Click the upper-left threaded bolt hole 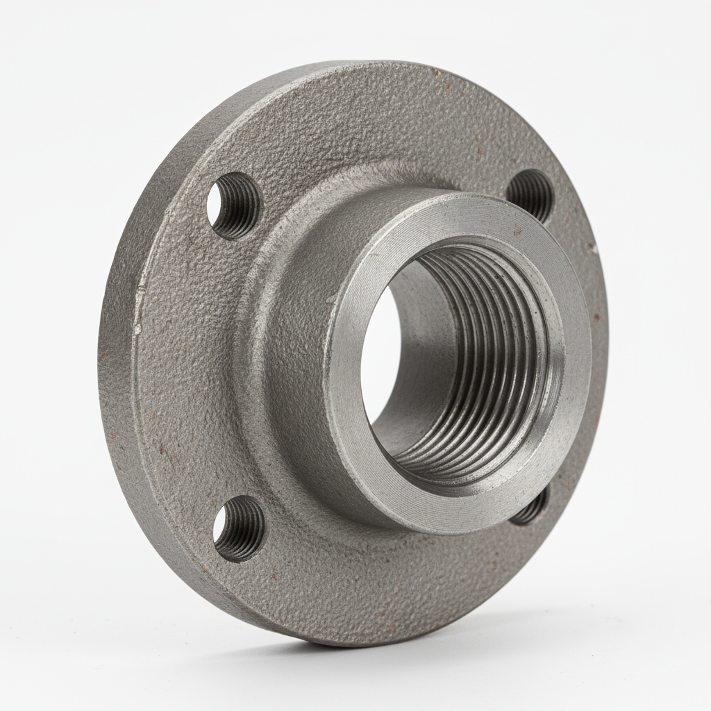pos(233,206)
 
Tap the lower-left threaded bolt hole pos(239,528)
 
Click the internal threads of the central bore pos(486,361)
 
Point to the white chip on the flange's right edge pos(595,246)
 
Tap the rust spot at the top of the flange pos(436,72)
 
